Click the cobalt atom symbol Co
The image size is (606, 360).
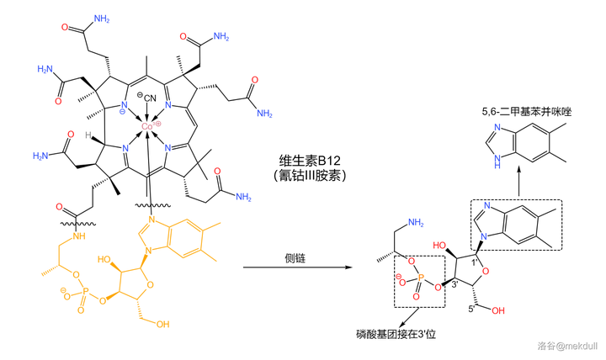point(147,126)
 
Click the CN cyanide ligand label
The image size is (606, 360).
point(147,106)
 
